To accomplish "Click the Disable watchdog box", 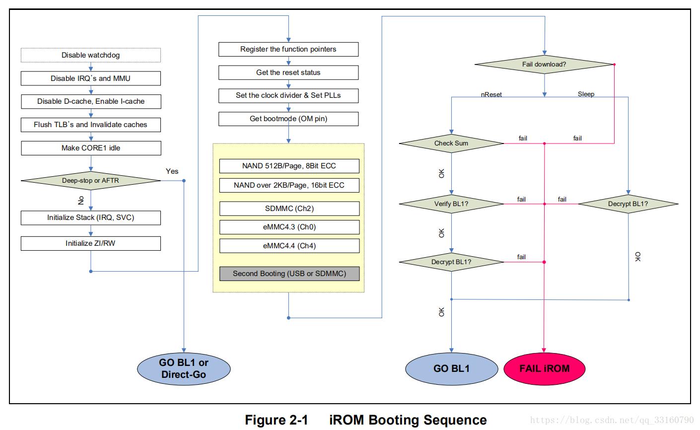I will coord(90,55).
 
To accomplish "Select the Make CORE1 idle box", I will coord(90,148).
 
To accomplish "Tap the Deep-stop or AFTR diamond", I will coord(90,181).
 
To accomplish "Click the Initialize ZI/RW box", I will coord(90,243).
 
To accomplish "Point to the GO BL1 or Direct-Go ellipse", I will coord(184,368).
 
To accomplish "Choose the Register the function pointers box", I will coord(288,49).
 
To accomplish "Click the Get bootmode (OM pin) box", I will coord(288,119).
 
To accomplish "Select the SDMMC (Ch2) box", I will coord(289,209).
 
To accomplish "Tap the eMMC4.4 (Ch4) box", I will coord(289,246).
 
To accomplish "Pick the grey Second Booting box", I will coord(289,274).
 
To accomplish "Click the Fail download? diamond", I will coord(544,65).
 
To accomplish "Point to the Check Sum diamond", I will coord(451,143).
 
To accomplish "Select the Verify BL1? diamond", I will coord(451,204).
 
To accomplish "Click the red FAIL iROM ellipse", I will coord(544,368).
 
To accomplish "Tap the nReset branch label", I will coord(491,94).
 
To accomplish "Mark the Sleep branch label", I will coord(586,94).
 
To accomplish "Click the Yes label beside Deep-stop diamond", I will coord(172,171).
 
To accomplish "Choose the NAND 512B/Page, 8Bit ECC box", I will coord(289,166).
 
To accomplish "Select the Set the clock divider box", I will coord(288,95).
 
